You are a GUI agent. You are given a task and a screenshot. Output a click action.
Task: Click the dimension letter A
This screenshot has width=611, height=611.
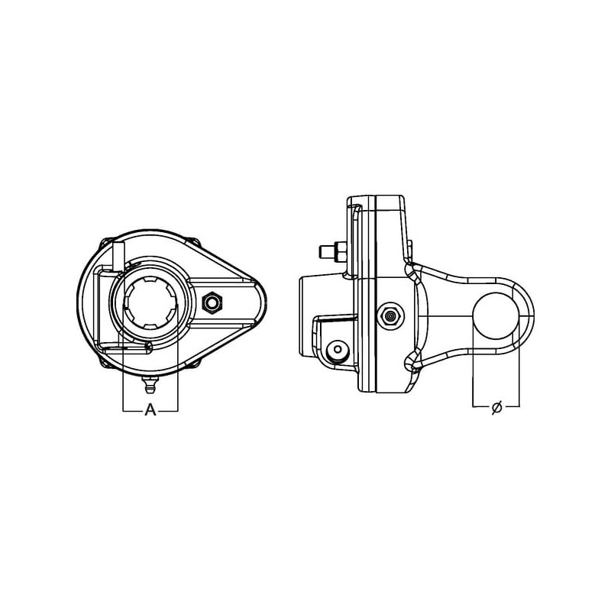click(x=150, y=409)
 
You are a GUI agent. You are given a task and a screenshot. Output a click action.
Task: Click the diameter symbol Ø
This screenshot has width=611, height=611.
click(x=496, y=407)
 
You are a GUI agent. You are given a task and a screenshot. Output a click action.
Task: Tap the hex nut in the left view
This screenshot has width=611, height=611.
click(x=212, y=302)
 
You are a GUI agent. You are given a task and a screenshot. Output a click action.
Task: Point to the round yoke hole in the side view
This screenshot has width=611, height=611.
click(x=496, y=315)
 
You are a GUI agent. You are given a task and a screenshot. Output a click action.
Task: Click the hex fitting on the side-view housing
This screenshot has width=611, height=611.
click(x=390, y=315)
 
